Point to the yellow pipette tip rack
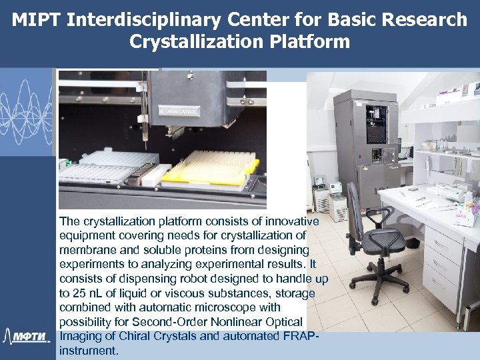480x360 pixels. click(x=211, y=167)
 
